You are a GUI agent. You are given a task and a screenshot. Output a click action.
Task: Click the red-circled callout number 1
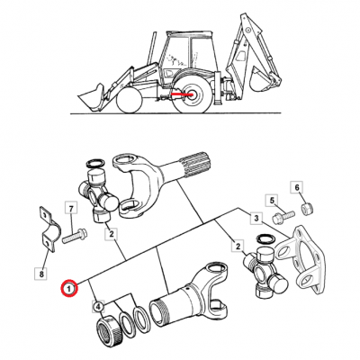point(69,289)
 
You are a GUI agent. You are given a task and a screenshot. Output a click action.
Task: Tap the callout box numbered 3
point(256,218)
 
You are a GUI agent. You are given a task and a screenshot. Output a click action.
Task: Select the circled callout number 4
point(99,307)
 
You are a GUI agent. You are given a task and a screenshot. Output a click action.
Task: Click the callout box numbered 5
point(272,201)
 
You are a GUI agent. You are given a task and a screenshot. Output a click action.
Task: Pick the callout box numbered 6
point(297,187)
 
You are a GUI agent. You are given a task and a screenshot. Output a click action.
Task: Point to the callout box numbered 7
point(71,207)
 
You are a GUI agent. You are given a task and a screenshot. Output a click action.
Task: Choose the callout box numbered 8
point(41,274)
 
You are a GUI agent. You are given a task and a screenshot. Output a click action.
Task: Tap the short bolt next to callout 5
point(283,217)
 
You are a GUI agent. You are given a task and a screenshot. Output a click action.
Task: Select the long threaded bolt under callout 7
point(75,236)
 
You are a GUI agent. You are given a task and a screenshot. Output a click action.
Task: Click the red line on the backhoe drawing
point(182,94)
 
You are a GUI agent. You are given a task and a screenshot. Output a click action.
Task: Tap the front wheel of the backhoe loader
point(129,100)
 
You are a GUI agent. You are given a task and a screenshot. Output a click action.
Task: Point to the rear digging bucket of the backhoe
point(262,78)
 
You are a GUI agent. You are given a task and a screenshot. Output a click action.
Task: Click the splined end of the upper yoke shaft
point(197,165)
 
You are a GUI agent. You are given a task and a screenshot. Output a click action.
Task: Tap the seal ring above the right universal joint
point(265,239)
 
